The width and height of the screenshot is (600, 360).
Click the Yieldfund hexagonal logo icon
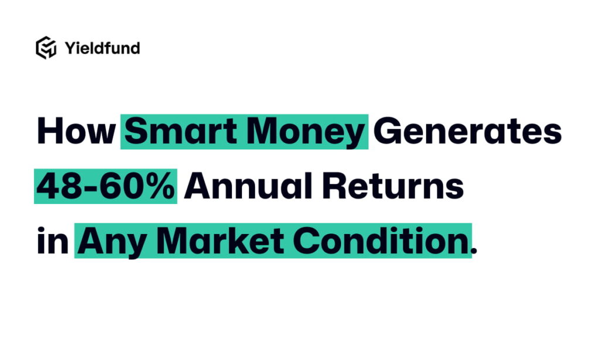[46, 48]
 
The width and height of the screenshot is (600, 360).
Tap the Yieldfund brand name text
[102, 48]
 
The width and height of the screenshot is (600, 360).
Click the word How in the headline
[76, 131]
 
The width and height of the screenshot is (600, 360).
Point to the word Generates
[468, 131]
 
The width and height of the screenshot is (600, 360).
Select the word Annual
[248, 186]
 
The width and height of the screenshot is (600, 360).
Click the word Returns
[393, 186]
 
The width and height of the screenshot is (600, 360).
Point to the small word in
[53, 240]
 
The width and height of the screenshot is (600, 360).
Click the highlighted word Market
[220, 240]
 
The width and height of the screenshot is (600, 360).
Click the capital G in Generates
[387, 131]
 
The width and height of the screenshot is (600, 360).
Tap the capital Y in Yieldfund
[70, 47]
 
